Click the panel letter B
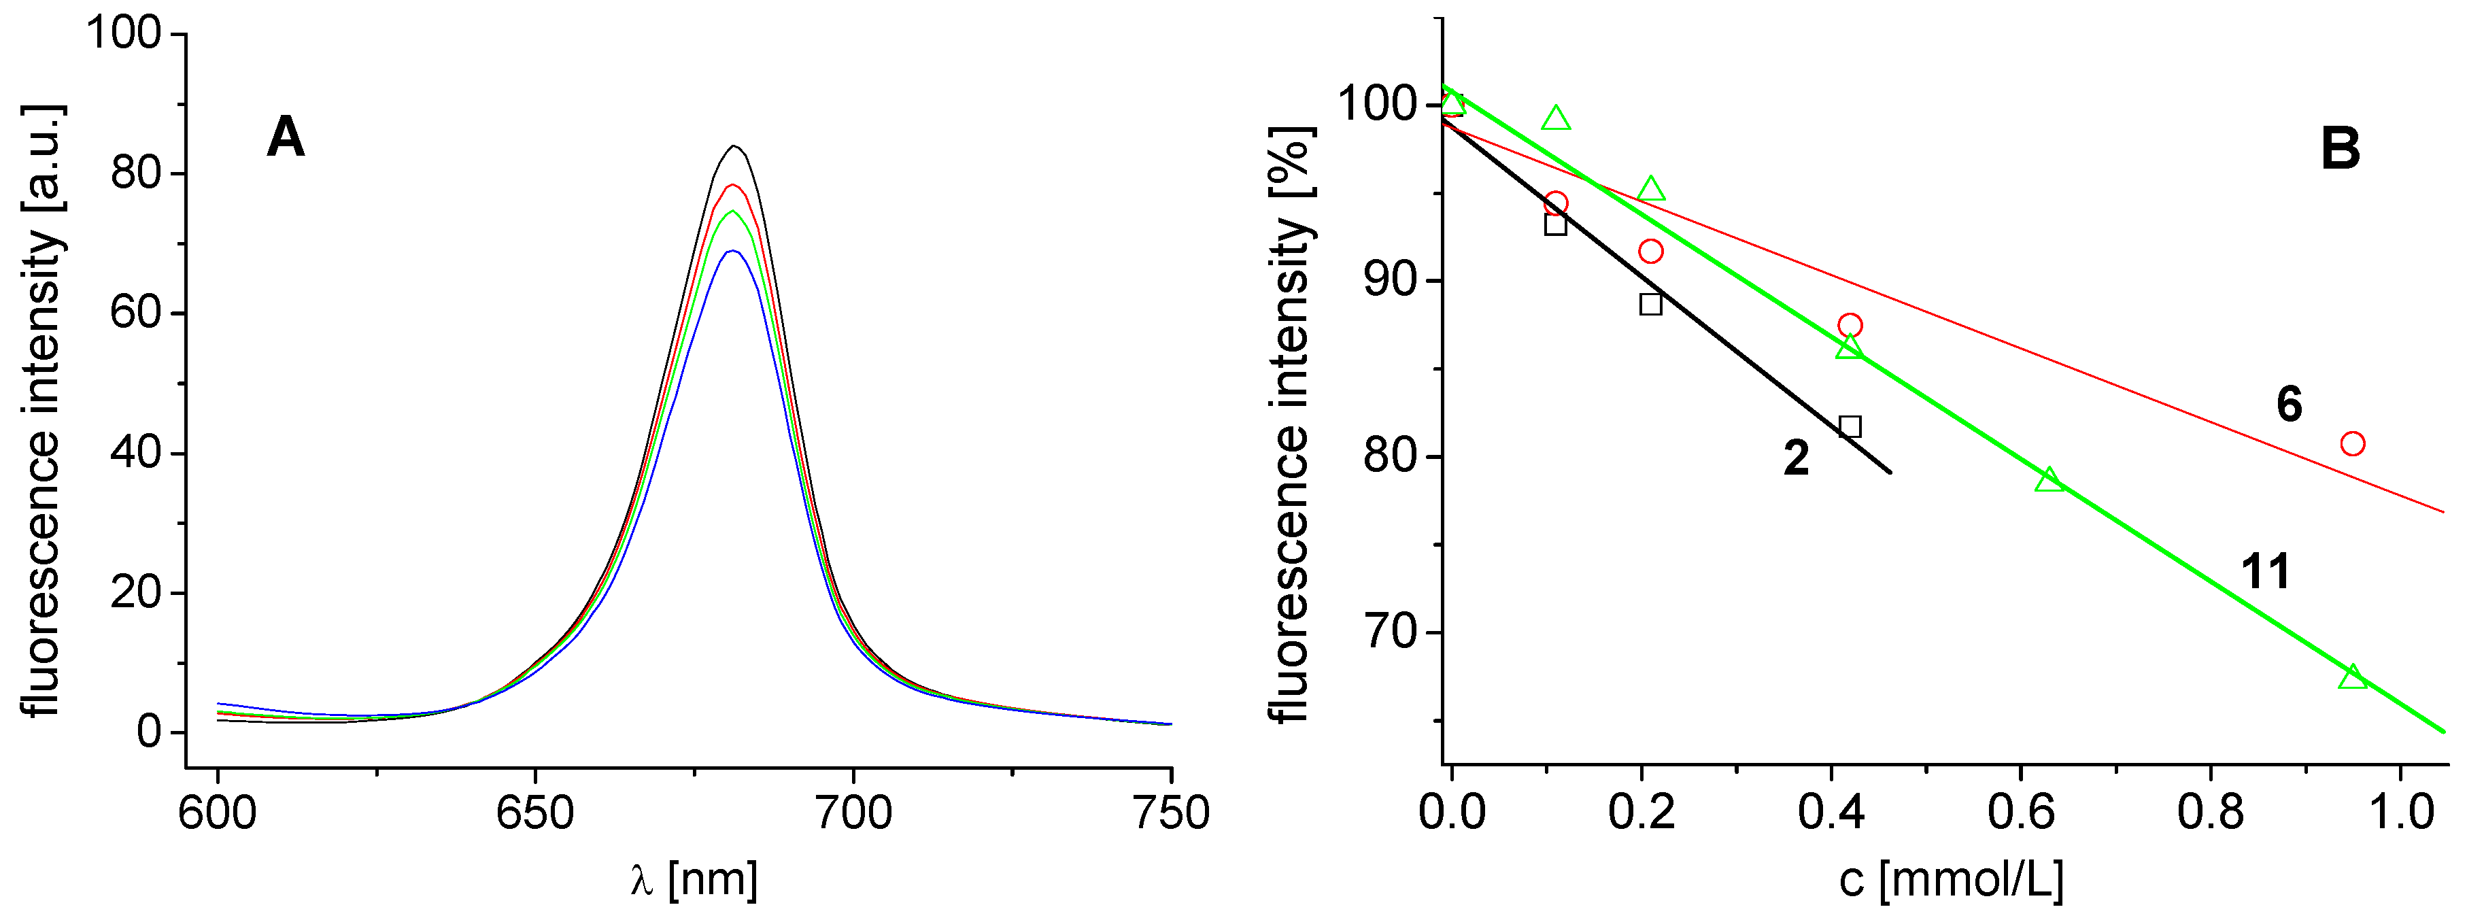click(2340, 150)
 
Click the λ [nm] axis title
click(694, 879)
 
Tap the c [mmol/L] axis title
click(1951, 879)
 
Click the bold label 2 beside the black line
click(1797, 458)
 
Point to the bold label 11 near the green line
click(2266, 573)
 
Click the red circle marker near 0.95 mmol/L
click(2352, 444)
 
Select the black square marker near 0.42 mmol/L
click(1850, 427)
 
